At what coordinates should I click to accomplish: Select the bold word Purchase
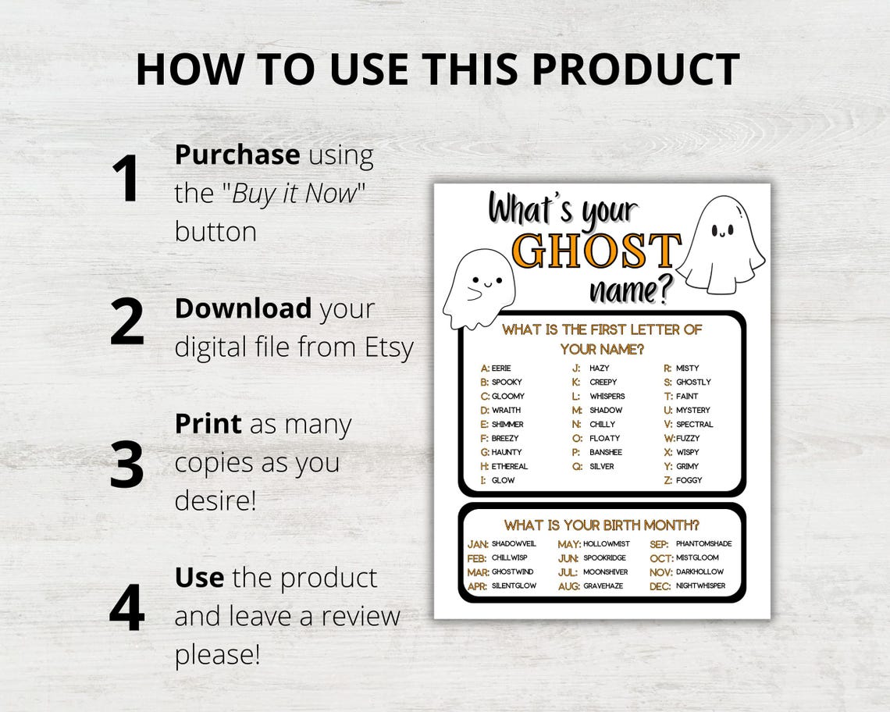[x=237, y=155]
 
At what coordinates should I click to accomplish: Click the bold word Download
[x=243, y=308]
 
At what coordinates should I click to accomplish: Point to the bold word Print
[x=208, y=424]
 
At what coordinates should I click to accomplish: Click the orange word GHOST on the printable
[x=596, y=251]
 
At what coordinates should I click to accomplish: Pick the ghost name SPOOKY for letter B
[x=507, y=383]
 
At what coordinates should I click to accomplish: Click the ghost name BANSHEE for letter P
[x=606, y=453]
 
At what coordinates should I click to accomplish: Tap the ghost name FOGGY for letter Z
[x=689, y=481]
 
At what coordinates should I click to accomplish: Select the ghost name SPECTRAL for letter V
[x=694, y=425]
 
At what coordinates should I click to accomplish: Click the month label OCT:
[x=660, y=559]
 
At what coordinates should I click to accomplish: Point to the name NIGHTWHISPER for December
[x=700, y=586]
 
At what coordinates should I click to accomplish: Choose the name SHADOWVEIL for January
[x=514, y=544]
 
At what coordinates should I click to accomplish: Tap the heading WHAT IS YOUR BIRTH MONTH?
[x=601, y=525]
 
